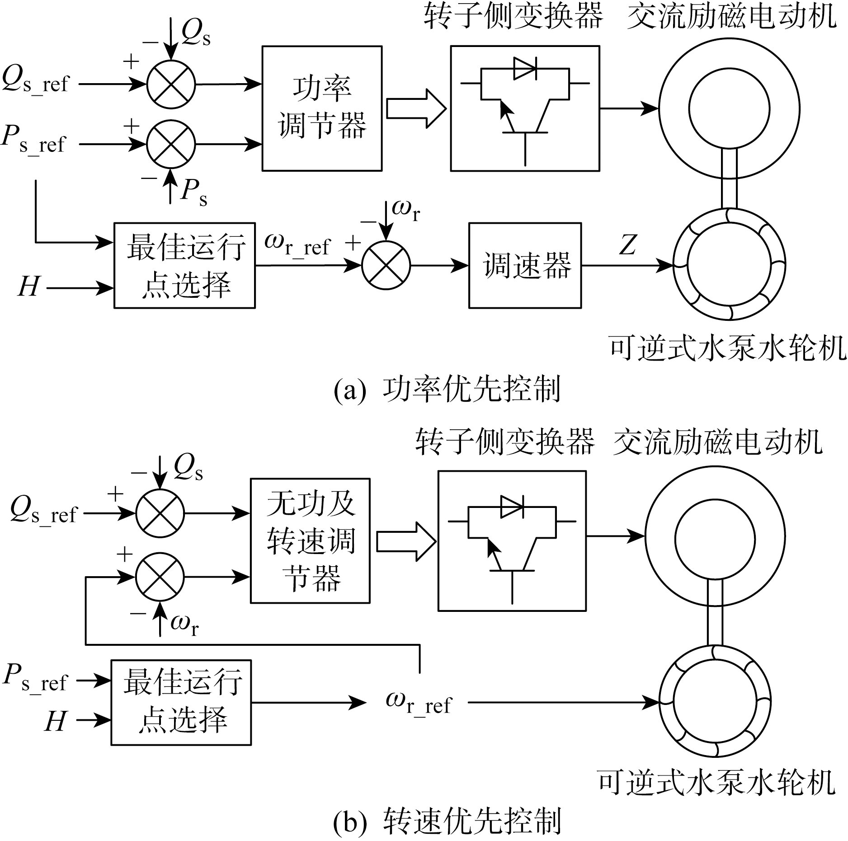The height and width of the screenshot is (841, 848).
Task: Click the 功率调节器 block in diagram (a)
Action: coord(322,108)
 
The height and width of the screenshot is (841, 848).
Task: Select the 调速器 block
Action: coord(525,265)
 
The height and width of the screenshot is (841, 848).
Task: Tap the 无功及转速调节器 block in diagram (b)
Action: coord(310,540)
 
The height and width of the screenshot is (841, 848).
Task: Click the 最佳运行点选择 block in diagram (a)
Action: coord(184,265)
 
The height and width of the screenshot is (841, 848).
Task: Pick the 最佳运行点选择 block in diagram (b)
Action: coord(181,703)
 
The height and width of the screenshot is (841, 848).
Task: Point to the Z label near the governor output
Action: coord(627,245)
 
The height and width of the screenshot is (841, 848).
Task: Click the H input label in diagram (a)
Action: coord(28,287)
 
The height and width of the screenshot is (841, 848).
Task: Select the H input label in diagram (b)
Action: coord(55,720)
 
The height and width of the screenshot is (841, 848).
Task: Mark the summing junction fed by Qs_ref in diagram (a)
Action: coord(171,84)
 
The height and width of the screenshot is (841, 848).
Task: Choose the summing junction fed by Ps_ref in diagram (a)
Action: coord(171,145)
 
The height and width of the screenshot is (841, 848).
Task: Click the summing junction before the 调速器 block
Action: coord(386,265)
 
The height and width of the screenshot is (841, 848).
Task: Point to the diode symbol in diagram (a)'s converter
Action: coord(525,69)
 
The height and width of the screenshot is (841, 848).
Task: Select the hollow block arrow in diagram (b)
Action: coord(405,542)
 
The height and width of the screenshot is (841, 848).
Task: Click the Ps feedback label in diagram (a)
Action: coord(193,193)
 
